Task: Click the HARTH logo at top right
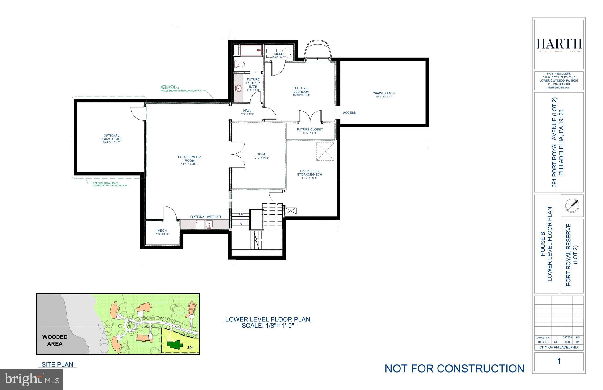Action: coord(559,44)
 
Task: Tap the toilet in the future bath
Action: coord(240,64)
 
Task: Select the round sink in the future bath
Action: coord(239,88)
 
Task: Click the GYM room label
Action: coord(261,154)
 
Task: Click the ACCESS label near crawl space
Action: coord(349,112)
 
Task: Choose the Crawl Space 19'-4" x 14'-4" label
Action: coord(383,95)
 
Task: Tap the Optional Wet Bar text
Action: coord(205,217)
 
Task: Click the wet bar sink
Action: coord(209,224)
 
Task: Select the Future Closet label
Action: coord(309,130)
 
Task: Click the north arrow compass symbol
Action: coord(572,205)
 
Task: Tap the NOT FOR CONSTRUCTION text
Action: coord(454,369)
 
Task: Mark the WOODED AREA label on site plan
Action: coord(55,340)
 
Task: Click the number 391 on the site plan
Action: coord(190,348)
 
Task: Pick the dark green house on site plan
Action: coord(174,344)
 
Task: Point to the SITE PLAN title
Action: coord(57,364)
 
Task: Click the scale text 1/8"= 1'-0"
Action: coord(268,326)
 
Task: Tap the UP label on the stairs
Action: coord(241,214)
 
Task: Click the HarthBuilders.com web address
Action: coord(559,87)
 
